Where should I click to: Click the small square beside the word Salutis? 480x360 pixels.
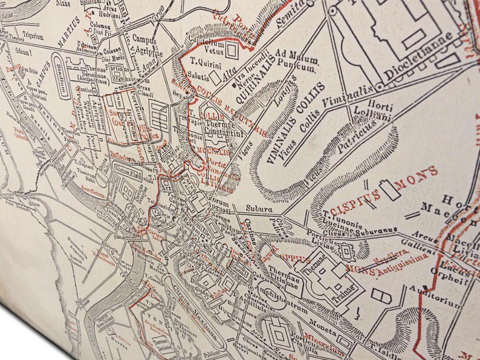(x=215, y=78)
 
